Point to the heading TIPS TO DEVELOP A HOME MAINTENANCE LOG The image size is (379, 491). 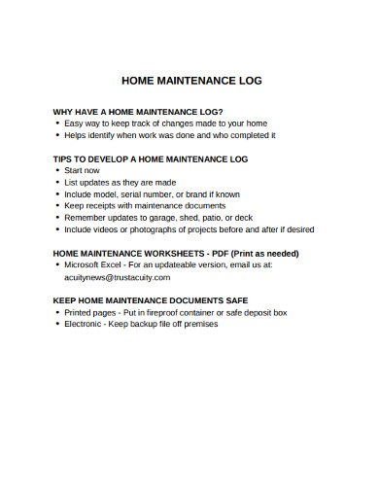click(151, 158)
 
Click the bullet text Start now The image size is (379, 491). click(82, 170)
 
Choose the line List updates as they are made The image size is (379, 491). click(121, 182)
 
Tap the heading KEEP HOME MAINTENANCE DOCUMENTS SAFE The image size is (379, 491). click(151, 300)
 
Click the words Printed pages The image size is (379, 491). click(87, 312)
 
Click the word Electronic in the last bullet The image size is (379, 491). click(84, 324)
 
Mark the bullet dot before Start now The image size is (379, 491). click(57, 170)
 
